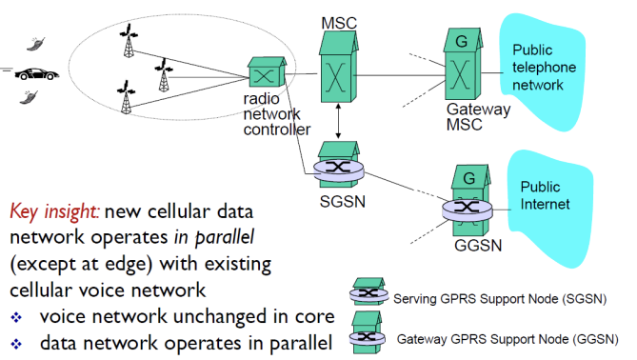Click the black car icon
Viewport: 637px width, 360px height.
36,74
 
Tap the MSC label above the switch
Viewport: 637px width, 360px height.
339,23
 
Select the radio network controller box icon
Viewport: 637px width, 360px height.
267,72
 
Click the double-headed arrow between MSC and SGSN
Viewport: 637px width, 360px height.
338,121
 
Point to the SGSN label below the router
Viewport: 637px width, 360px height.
343,202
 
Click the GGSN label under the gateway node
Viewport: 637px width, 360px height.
478,246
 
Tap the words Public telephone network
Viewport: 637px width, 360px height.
544,68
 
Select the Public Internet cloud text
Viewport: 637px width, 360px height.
545,195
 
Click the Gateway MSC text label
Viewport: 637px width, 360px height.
478,117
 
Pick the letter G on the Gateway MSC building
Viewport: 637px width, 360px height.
462,42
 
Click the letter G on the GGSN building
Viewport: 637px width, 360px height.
469,178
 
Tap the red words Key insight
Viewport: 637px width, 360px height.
54,211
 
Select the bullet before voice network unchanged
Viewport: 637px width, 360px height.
16,317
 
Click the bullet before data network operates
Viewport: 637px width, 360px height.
16,344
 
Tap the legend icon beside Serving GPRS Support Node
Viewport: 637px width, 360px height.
368,291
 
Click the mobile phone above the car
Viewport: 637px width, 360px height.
36,44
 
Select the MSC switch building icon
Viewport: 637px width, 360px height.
338,67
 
